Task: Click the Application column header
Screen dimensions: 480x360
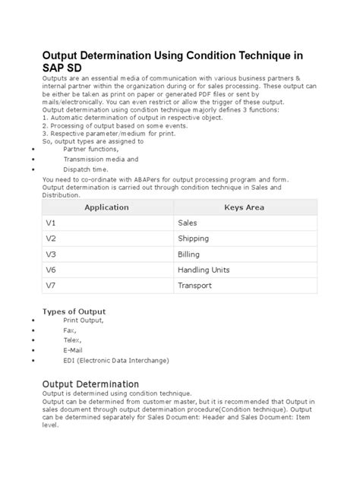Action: tap(106, 207)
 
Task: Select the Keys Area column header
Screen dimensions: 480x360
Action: tap(244, 207)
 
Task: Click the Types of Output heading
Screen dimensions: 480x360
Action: tap(74, 311)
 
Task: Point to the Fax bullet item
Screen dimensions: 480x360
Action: tap(69, 330)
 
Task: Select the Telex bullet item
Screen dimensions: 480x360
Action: tap(72, 340)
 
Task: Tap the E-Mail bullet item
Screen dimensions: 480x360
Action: tap(74, 350)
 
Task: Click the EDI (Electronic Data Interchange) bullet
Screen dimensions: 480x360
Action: tap(116, 360)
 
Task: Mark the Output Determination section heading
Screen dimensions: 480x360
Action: tap(90, 384)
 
